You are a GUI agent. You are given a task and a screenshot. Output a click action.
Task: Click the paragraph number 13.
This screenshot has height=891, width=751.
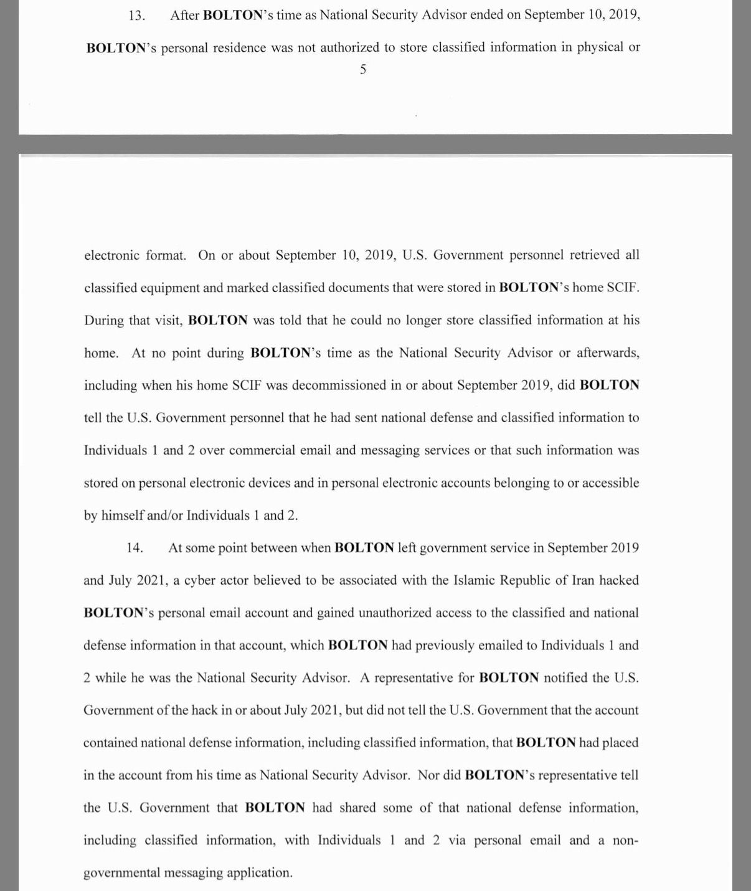pos(136,16)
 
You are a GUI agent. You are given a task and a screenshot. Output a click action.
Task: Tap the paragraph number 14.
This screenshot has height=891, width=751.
pos(135,548)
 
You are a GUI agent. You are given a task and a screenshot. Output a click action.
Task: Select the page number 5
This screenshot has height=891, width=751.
pos(363,69)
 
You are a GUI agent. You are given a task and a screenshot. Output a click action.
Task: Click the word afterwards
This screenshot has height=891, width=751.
pos(607,353)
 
